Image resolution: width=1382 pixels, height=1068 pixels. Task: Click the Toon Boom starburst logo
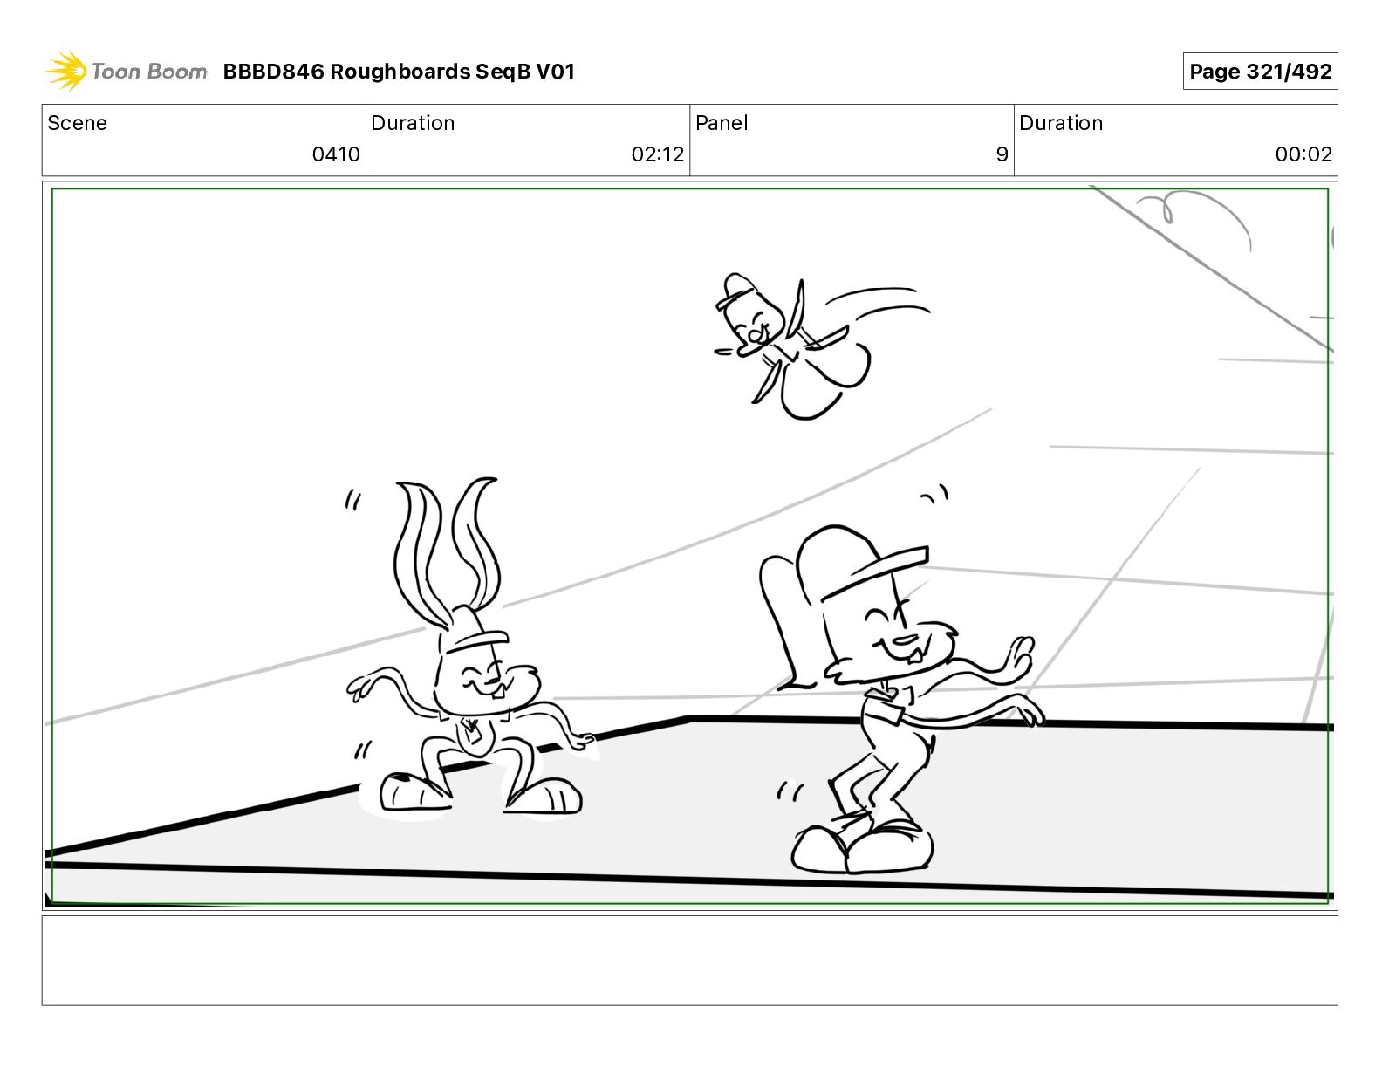tap(66, 71)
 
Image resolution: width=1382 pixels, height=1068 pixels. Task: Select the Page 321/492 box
tap(1260, 72)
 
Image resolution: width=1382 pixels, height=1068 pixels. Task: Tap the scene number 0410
tap(336, 154)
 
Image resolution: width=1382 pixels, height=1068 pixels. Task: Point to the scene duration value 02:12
tap(657, 154)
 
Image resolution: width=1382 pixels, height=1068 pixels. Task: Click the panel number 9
tap(1002, 154)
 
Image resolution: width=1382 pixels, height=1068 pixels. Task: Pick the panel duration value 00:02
tap(1303, 154)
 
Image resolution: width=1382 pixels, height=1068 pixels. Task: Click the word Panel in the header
tap(722, 123)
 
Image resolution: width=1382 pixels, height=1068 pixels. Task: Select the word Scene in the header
tap(77, 123)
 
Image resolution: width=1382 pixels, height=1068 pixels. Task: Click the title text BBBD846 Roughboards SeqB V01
tap(399, 72)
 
